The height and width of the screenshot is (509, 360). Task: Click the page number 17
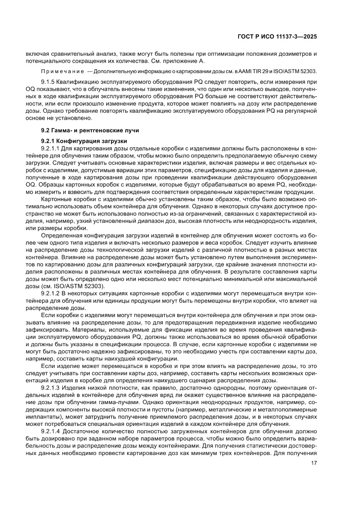click(313, 463)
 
